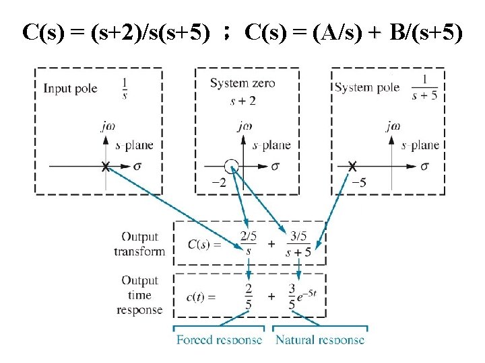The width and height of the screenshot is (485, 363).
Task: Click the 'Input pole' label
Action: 70,89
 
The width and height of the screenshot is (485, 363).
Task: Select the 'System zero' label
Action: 243,83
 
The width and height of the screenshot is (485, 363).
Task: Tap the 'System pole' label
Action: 367,88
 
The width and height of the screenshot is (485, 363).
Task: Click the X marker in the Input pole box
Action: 105,167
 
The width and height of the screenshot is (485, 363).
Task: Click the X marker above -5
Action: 352,167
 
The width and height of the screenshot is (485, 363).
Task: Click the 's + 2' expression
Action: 243,102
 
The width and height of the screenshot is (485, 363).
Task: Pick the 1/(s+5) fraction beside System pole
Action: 424,88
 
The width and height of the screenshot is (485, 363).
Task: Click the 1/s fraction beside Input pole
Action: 125,88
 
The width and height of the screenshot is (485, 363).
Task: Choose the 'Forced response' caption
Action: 219,339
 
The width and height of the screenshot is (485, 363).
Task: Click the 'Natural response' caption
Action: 320,339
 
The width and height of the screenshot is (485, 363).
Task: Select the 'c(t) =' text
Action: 201,296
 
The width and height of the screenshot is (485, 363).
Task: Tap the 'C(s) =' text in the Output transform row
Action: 203,245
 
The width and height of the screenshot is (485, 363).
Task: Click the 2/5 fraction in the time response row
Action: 249,296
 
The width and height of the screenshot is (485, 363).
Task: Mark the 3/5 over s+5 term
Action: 297,244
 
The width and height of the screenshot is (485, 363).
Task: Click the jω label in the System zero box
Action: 245,125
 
